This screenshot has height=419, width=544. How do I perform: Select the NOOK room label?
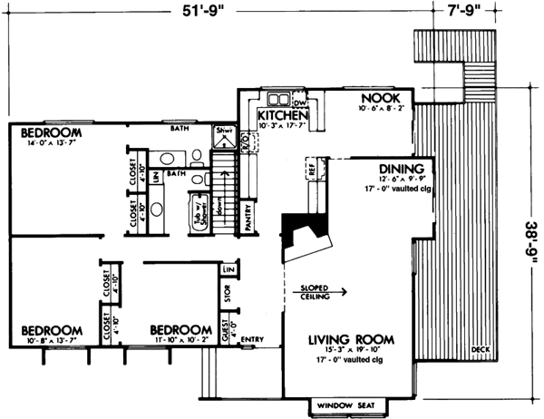click(381, 97)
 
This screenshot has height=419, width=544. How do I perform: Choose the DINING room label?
click(397, 169)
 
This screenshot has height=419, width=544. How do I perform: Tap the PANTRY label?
click(248, 222)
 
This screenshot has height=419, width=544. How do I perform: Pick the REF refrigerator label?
click(311, 170)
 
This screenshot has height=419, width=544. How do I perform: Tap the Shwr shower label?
click(222, 133)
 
